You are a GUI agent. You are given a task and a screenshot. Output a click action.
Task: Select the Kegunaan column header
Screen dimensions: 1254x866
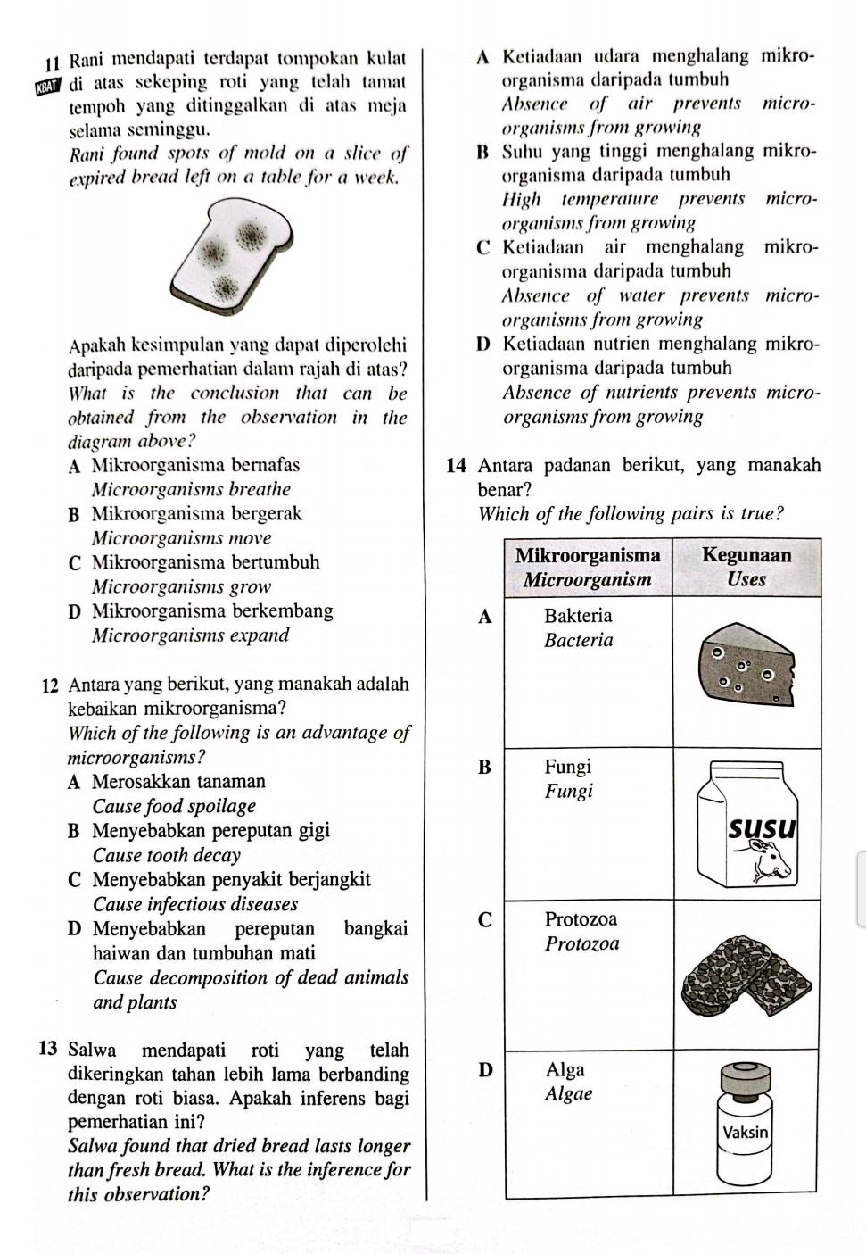[746, 555]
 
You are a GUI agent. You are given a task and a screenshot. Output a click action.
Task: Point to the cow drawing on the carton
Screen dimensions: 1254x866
[771, 863]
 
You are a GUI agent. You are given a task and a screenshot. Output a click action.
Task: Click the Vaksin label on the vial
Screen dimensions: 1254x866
[746, 1132]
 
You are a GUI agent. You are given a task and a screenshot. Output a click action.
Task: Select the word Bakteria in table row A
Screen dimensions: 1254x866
[578, 616]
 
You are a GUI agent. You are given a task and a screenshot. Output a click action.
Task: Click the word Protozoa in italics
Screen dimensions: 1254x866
[581, 943]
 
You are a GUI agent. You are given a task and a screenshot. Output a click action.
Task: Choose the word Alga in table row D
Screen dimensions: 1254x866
[565, 1070]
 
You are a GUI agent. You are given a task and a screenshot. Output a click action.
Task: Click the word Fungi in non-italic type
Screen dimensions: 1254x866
[568, 767]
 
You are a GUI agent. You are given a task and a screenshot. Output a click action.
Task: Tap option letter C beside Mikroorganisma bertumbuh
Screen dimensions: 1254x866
[75, 563]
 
